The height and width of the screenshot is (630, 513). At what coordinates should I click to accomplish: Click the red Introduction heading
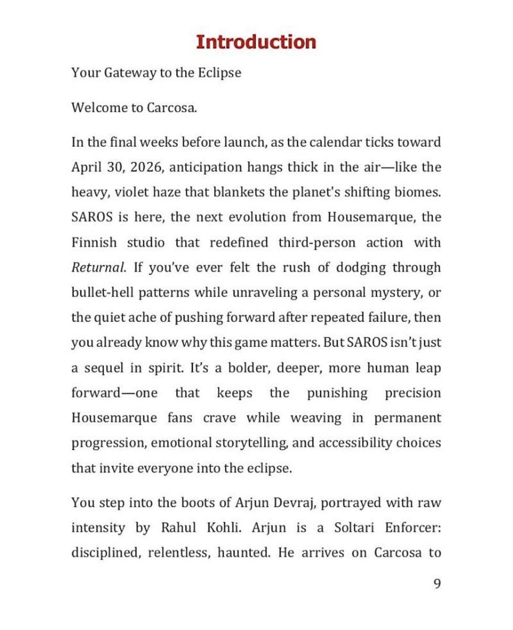[x=256, y=42]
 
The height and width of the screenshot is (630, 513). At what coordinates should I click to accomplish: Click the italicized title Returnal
[x=98, y=268]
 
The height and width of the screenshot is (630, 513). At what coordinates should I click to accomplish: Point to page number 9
[x=437, y=584]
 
